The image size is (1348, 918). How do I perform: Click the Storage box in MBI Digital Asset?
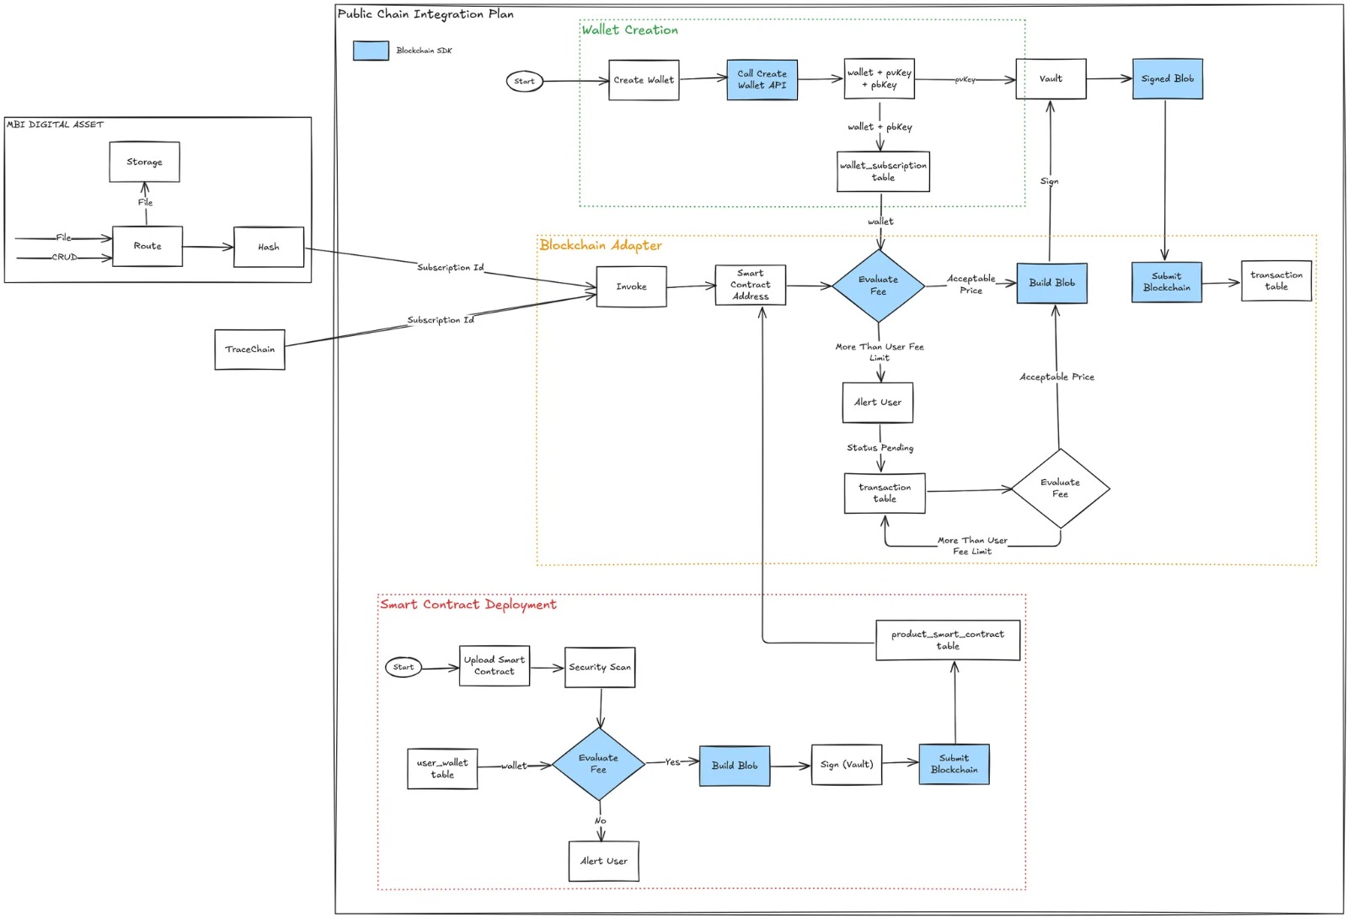144,162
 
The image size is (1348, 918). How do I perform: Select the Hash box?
268,247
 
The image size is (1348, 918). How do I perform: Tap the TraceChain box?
249,349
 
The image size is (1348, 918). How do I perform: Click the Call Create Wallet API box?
762,80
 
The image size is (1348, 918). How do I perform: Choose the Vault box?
1051,79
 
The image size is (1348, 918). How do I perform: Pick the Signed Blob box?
1167,79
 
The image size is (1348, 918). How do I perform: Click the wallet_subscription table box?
883,172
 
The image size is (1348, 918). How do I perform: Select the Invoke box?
631,286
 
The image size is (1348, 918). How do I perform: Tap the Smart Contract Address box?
750,285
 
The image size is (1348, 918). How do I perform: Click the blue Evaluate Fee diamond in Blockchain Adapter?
878,286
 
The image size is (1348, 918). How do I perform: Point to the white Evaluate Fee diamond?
1060,488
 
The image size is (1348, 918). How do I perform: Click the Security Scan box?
599,667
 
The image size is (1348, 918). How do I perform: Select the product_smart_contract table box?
947,640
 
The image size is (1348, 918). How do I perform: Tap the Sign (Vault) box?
846,765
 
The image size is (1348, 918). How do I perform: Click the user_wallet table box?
442,768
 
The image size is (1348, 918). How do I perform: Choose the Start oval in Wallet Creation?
524,82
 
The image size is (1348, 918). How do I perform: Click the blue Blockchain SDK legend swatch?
371,51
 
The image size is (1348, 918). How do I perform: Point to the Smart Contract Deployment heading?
468,605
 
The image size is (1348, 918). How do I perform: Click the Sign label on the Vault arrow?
1049,181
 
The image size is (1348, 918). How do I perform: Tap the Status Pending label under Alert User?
880,448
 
